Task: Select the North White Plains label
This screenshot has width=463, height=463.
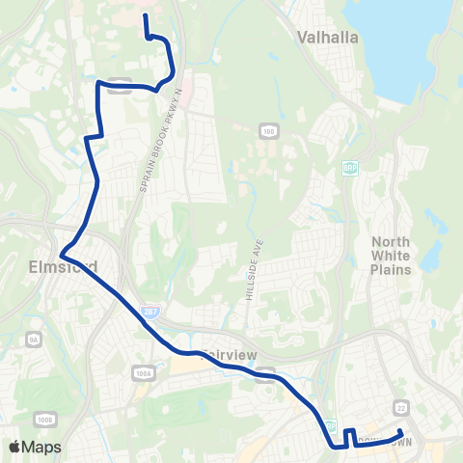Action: click(x=393, y=256)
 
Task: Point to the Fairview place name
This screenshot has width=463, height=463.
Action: click(x=229, y=355)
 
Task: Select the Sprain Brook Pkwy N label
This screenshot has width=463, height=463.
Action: click(x=159, y=141)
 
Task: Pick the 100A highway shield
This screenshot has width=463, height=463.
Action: click(x=144, y=371)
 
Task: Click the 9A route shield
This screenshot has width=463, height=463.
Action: click(x=33, y=340)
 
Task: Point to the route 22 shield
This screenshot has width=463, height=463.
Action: click(x=400, y=408)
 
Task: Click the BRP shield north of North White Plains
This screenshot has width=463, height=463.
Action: click(x=349, y=168)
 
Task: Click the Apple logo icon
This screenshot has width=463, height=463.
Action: click(x=15, y=447)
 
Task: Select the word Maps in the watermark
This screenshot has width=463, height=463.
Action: click(x=41, y=447)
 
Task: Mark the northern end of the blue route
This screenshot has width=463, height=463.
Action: click(x=145, y=15)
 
